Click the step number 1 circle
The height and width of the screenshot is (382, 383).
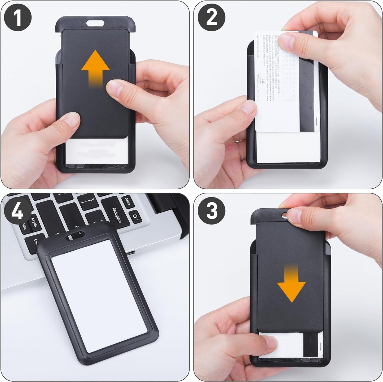(18, 18)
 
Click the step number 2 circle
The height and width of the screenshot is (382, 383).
(211, 18)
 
